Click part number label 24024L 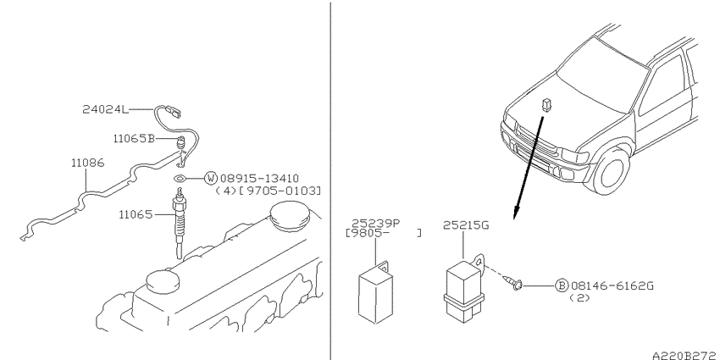[103, 109]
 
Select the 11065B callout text [134, 138]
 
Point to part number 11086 [88, 163]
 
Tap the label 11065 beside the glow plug [136, 214]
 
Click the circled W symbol [211, 178]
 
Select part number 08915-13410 [259, 178]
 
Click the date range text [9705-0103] [280, 191]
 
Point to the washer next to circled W [180, 178]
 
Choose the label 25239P [375, 223]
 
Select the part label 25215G [466, 225]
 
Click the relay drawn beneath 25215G [464, 289]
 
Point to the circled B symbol [562, 285]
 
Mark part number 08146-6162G [612, 285]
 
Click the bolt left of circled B [513, 283]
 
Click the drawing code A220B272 [686, 355]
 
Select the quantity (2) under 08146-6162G [580, 297]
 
